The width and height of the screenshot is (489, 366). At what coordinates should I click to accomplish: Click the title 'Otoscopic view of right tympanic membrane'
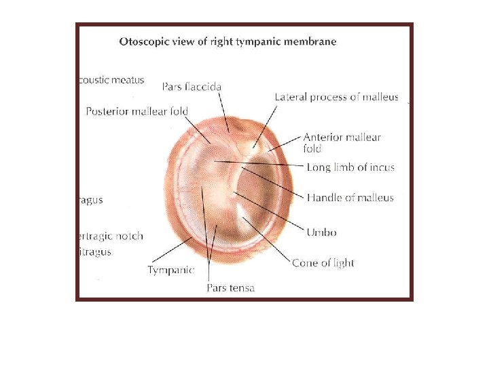point(228,41)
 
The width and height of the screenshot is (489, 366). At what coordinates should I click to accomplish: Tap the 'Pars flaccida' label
point(192,87)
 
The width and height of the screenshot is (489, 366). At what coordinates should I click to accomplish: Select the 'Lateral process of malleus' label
point(336,97)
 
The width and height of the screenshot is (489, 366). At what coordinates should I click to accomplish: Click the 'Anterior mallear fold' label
point(342,142)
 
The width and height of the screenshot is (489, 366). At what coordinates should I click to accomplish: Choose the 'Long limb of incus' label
point(350,167)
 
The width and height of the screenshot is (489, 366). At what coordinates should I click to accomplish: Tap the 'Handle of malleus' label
point(350,198)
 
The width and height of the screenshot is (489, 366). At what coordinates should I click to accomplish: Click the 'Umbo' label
point(321,232)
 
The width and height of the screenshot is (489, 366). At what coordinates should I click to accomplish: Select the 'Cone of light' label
point(323,262)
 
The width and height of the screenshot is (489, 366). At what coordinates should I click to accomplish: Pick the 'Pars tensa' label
point(230,288)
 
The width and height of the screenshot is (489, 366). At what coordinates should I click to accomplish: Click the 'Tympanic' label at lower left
point(171,270)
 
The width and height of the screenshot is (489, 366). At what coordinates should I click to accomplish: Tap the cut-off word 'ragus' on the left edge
point(91,201)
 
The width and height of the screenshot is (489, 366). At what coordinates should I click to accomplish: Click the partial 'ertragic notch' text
point(111,237)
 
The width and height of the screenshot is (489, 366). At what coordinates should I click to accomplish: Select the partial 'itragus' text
point(95,251)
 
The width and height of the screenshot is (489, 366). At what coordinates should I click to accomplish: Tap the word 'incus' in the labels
point(381,167)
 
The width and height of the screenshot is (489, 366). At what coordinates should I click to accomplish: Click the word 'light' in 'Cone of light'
point(342,262)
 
